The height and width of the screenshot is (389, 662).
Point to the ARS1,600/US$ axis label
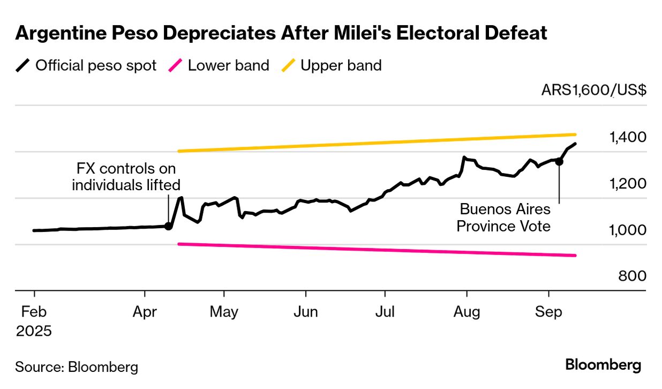pos(593,90)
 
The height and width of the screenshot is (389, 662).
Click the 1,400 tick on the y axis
pos(627,138)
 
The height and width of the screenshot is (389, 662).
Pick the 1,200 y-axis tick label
pos(627,184)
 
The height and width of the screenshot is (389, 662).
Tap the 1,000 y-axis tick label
pos(627,230)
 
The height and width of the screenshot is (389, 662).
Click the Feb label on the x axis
pos(34,312)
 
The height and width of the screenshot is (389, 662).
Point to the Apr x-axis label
pos(145,312)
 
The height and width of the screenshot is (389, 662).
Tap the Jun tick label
pos(306,312)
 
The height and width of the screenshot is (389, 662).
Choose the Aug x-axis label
pos(467,312)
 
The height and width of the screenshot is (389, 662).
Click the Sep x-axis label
pos(548,312)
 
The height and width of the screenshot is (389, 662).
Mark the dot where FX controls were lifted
pos(168,226)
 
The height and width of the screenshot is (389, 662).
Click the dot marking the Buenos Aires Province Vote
pos(559,161)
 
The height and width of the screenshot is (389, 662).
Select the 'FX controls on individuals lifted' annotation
pos(126,177)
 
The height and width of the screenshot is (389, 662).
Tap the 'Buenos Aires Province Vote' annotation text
pos(503,218)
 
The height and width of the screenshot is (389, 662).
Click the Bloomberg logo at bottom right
pos(603,365)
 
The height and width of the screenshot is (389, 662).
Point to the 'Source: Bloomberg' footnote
pos(77,367)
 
